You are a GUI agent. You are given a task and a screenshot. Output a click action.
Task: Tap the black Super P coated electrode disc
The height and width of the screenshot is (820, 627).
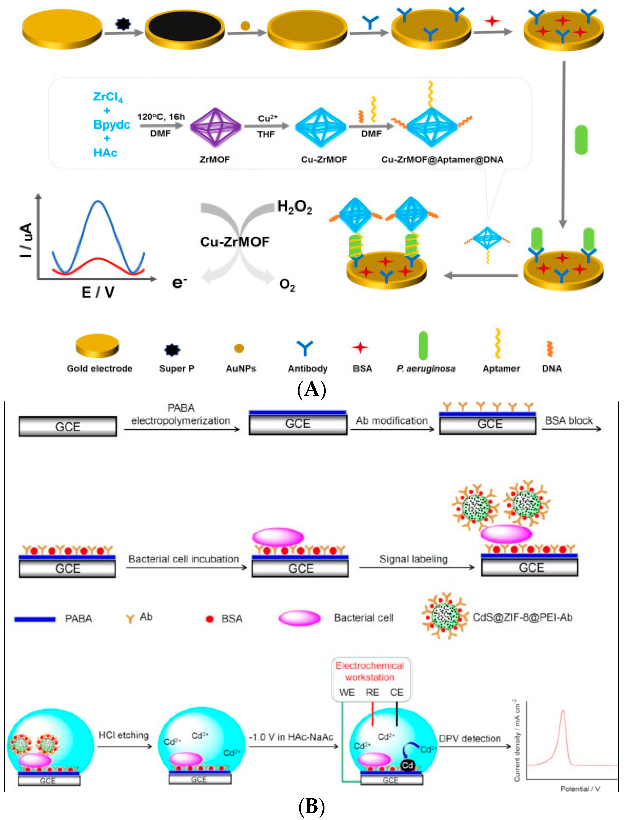point(184,28)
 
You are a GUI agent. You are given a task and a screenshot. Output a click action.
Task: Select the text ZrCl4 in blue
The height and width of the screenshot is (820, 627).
point(108,97)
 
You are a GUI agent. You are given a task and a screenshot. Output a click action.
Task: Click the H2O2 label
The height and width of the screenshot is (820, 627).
point(294,206)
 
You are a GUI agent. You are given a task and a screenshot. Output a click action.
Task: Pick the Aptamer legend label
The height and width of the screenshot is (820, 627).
point(501,369)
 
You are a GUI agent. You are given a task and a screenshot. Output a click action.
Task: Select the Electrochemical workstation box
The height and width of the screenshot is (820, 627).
point(371,679)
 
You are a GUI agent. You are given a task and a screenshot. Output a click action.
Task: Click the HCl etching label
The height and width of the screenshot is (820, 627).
point(123,735)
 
